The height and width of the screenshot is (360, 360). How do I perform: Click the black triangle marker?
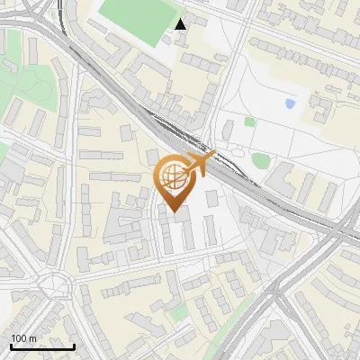[x=181, y=23]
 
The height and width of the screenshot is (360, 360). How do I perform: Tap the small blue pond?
[x=290, y=104]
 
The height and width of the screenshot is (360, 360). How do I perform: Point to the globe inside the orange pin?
[x=173, y=176]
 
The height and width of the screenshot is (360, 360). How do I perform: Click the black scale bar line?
[x=42, y=346]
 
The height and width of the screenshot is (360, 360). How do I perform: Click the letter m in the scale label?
[x=32, y=339]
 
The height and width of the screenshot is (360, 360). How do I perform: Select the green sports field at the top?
[x=136, y=17]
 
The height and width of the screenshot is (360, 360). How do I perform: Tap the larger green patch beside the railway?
[x=261, y=160]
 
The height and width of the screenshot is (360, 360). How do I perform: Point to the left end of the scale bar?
[x=11, y=346]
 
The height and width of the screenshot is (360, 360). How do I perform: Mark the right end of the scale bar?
[x=74, y=346]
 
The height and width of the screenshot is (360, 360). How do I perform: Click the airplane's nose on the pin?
[x=213, y=157]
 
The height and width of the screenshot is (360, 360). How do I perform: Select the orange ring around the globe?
[x=161, y=171]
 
